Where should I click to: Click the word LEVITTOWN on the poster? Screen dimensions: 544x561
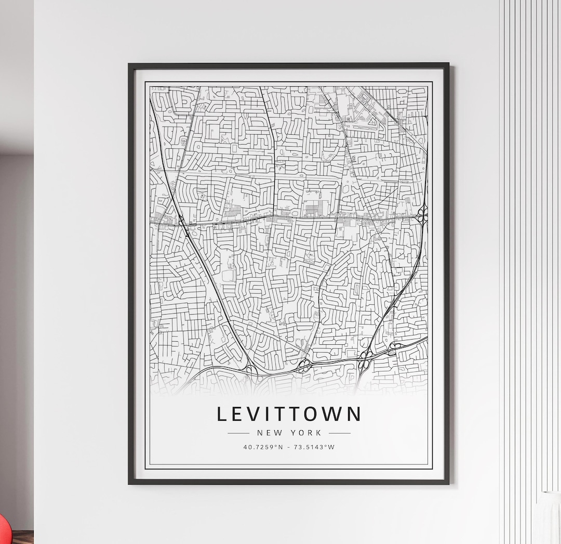point(289,414)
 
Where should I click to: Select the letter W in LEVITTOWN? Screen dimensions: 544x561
point(332,414)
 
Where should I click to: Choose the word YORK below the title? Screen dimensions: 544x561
point(306,433)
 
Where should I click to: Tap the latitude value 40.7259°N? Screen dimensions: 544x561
point(263,447)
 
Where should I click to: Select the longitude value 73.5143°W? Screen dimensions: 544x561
point(315,447)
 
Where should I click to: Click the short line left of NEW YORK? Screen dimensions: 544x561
point(238,433)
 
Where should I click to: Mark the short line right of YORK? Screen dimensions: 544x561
point(339,433)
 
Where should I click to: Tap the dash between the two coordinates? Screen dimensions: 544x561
point(289,447)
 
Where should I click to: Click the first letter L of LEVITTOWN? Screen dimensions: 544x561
point(221,414)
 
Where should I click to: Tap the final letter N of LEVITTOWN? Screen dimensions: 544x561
point(355,414)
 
